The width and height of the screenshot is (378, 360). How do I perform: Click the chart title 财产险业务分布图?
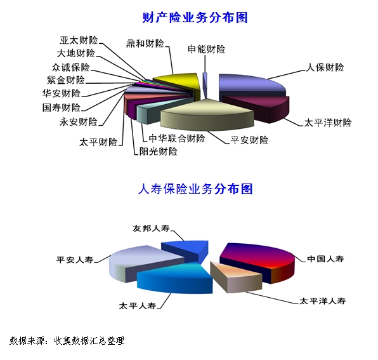(195, 18)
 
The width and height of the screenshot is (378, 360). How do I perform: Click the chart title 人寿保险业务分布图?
(195, 189)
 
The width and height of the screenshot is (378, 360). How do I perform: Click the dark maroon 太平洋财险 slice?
(261, 107)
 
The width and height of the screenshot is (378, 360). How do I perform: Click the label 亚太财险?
(79, 40)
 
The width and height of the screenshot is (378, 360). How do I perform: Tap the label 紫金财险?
(66, 80)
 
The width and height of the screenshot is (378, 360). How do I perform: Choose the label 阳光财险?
(159, 152)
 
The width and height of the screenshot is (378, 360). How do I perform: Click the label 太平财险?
(98, 142)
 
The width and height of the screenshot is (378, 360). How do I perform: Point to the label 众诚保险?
(70, 67)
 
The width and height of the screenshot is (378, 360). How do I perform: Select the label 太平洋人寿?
(323, 301)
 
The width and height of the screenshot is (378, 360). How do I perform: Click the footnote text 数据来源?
(27, 340)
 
